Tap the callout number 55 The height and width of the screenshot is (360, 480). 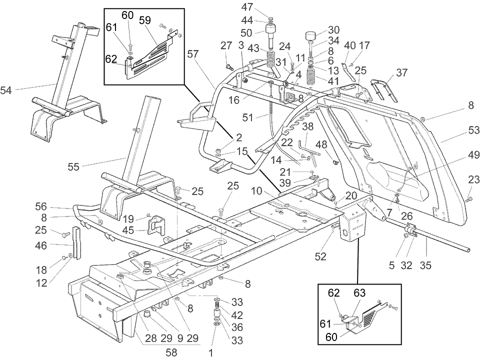[74, 167]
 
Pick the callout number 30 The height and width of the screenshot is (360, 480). [333, 29]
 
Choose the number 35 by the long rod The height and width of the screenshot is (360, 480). [426, 265]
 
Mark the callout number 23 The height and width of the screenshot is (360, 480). [472, 179]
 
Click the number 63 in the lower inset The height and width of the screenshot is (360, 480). [360, 292]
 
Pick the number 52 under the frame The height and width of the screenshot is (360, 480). [321, 256]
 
